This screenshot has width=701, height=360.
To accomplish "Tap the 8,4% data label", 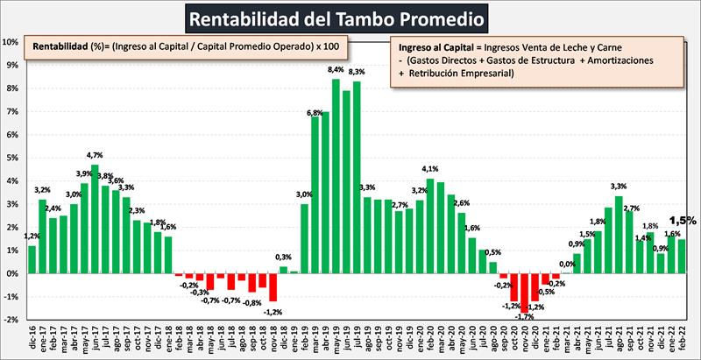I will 336,70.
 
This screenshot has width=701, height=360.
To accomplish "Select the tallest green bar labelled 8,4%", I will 336,175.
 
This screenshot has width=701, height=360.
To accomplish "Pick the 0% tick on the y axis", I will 11,273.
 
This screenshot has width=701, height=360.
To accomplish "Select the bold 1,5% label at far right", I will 683,222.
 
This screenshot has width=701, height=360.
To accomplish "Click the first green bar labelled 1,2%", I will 32,259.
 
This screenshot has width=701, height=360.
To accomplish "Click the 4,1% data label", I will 429,170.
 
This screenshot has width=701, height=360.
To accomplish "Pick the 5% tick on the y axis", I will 11,158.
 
